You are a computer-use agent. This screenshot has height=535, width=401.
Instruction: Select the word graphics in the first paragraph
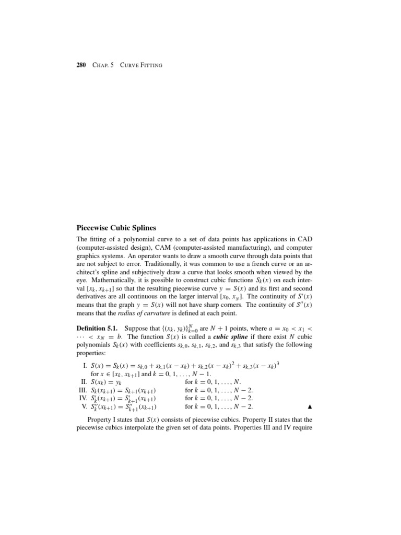tap(89, 256)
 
